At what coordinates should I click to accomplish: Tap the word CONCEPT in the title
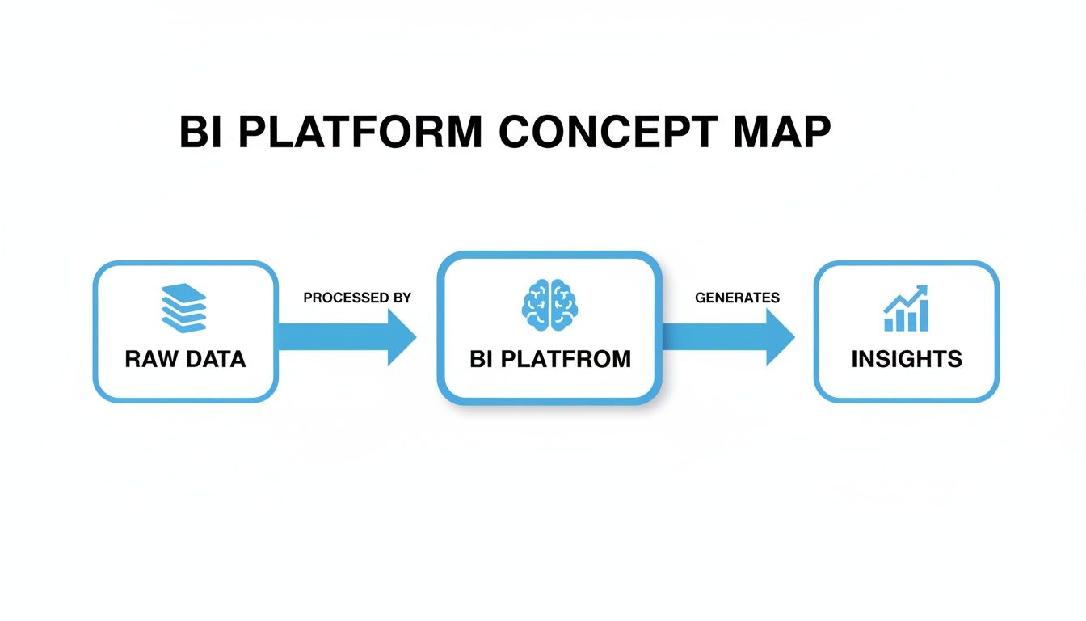(607, 132)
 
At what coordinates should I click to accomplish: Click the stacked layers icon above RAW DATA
(184, 307)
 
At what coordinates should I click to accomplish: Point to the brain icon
(549, 305)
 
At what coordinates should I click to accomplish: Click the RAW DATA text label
(185, 359)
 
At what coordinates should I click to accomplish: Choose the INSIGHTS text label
(907, 359)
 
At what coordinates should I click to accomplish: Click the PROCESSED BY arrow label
(357, 298)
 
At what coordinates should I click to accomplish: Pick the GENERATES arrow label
(737, 298)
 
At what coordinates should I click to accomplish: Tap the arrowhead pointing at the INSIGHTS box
(779, 336)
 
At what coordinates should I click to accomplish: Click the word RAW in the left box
(149, 359)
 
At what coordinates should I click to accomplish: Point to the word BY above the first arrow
(401, 298)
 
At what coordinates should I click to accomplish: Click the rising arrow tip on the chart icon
(924, 290)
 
